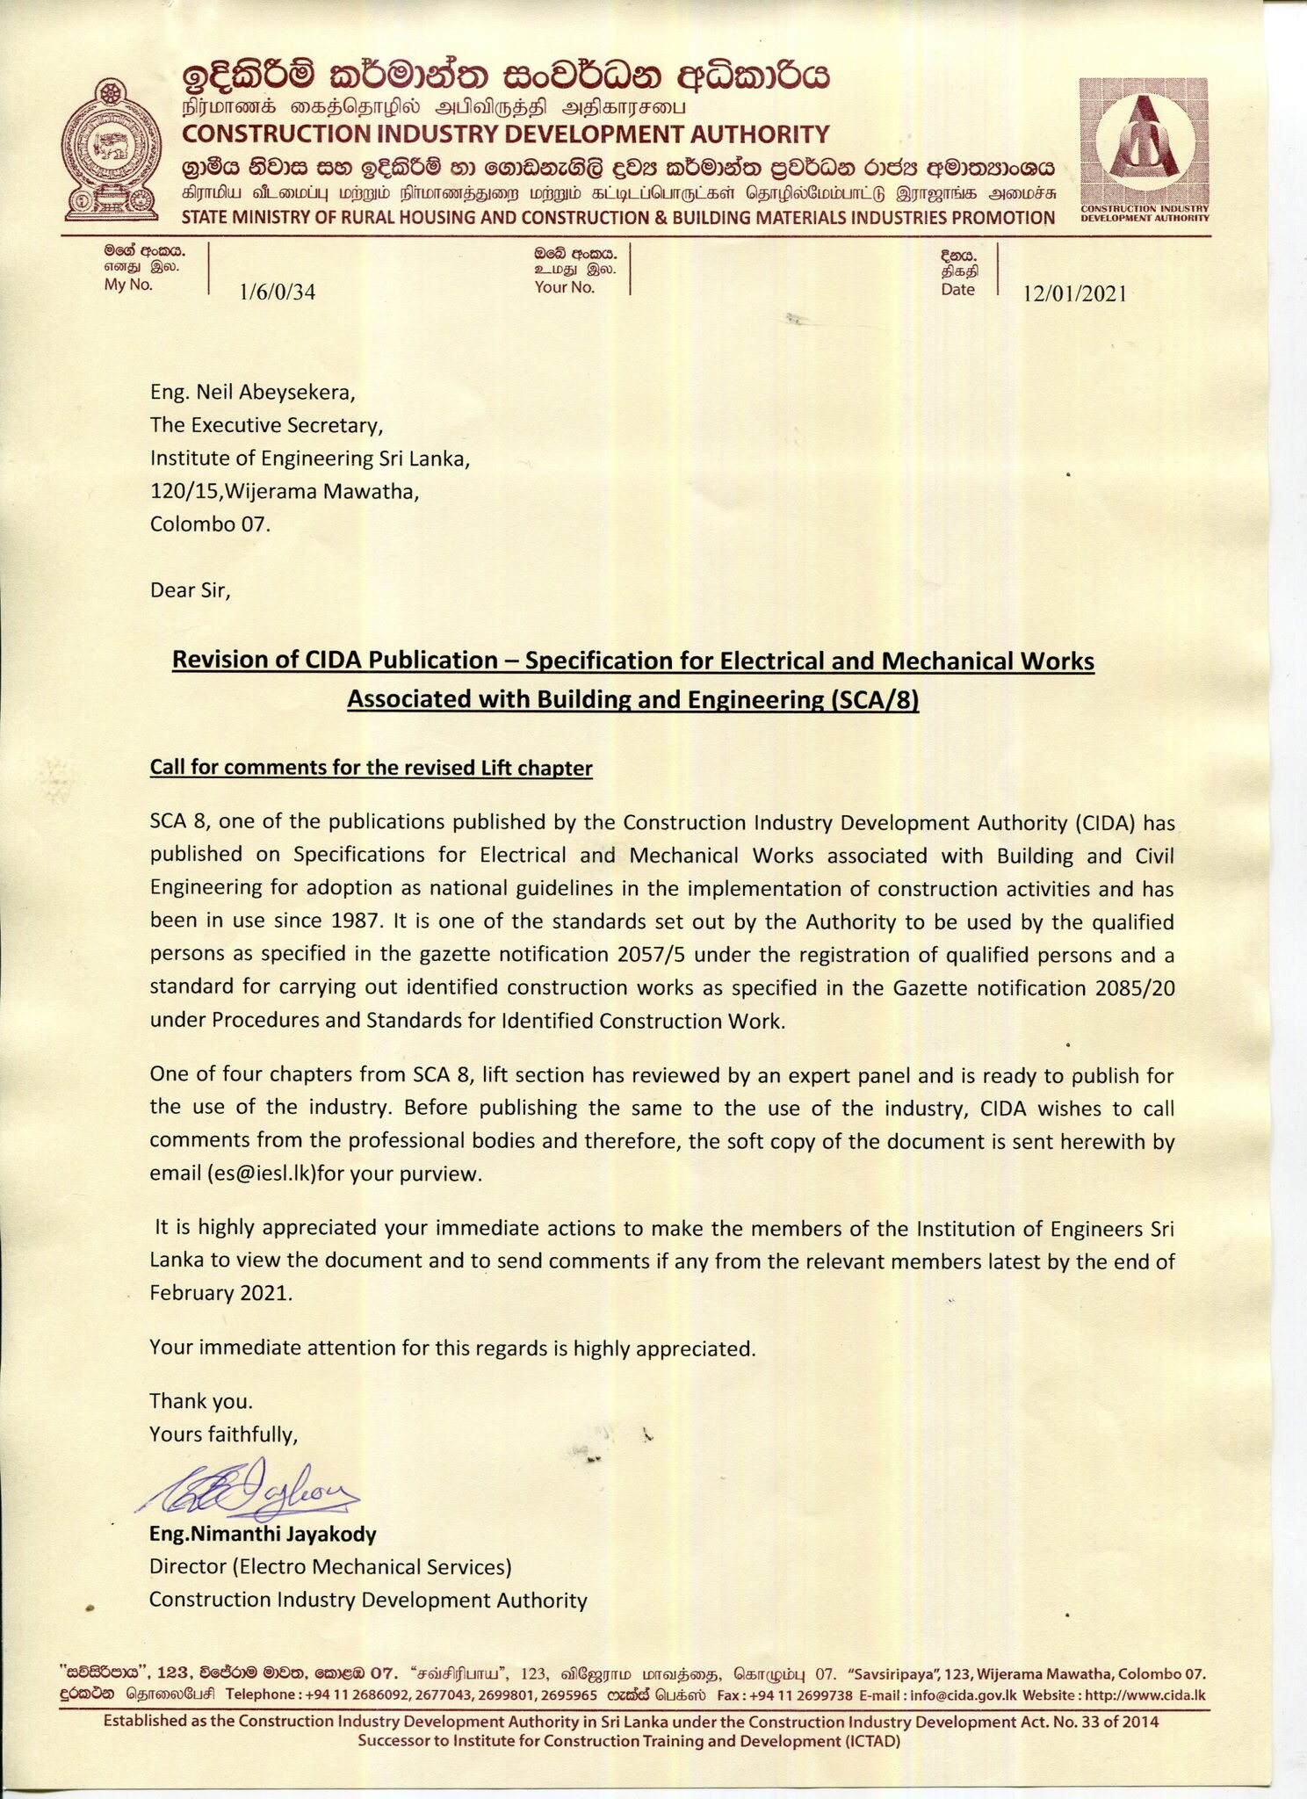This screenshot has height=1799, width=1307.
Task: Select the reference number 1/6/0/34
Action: [277, 293]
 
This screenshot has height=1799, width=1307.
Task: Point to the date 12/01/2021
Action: [1073, 294]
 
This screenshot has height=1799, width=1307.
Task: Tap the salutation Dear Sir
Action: [190, 589]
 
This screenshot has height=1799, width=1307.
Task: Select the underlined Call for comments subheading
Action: [371, 769]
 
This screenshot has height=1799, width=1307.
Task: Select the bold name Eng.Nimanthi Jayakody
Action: [263, 1535]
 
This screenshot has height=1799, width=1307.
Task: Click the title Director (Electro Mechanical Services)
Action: [330, 1567]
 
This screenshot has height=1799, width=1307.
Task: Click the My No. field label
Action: [128, 285]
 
